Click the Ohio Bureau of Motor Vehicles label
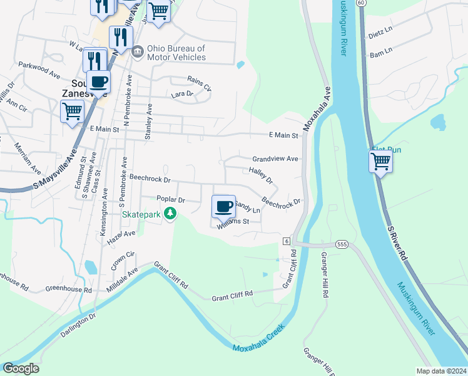pos(176,53)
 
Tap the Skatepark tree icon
pos(170,214)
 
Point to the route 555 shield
pos(341,244)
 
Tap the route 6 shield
pos(285,241)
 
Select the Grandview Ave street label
pos(275,159)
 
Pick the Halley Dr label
pos(261,175)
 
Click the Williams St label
pos(233,222)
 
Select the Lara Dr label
pos(182,94)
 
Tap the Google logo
pos(20,368)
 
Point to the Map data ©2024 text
pos(441,371)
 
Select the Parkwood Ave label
pos(39,69)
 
